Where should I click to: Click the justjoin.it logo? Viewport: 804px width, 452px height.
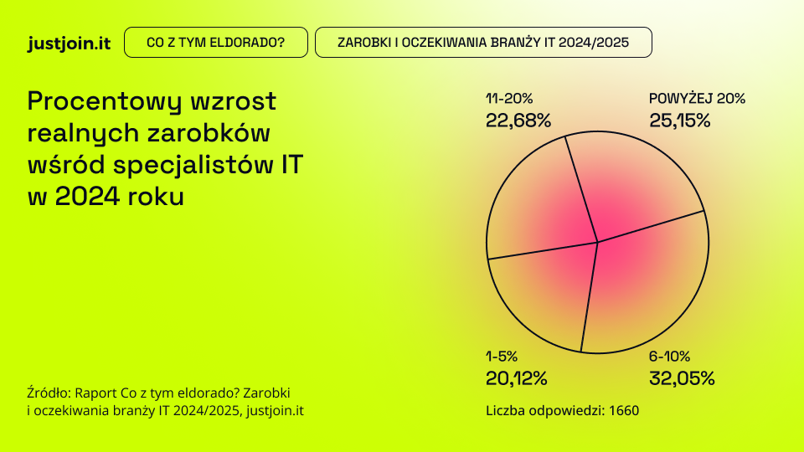[70, 43]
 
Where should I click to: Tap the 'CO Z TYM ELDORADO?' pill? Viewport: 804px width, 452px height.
[215, 43]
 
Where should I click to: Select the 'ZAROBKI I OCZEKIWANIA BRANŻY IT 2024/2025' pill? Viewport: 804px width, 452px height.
[483, 43]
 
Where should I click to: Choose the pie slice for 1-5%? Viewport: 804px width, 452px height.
[540, 293]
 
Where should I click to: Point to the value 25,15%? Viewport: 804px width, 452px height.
[679, 121]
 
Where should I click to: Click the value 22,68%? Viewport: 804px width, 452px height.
[518, 121]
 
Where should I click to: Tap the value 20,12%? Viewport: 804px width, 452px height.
[516, 378]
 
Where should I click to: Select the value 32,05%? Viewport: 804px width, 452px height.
[682, 378]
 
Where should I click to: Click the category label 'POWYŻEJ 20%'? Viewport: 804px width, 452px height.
[697, 99]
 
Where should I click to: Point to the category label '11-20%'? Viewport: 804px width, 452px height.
[509, 99]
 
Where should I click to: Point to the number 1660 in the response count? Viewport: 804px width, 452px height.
[624, 411]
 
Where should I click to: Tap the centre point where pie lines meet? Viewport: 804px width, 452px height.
[597, 243]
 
